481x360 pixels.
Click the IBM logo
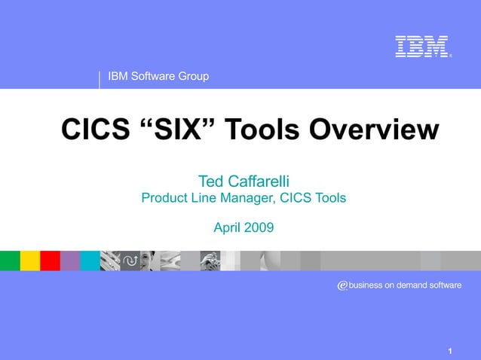[422, 47]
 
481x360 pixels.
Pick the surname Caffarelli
[260, 182]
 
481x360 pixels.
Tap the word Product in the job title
[166, 199]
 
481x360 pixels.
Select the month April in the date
[228, 227]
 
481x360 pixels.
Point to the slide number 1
[449, 351]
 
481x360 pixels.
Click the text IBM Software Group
[159, 76]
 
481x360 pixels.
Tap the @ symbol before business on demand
[342, 286]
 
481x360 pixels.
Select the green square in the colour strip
[10, 261]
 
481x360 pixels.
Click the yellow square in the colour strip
[30, 261]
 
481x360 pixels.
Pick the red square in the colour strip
[50, 261]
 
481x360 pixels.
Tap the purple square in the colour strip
[70, 261]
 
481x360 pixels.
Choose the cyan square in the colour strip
[90, 261]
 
